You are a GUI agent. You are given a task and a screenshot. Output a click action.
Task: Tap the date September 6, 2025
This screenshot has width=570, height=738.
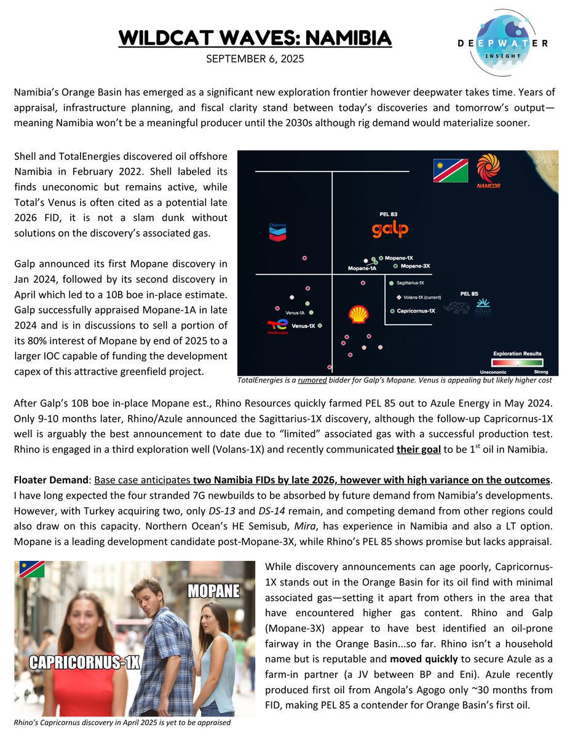pyautogui.click(x=255, y=60)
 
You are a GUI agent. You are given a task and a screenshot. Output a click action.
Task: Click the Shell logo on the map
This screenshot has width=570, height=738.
pyautogui.click(x=358, y=314)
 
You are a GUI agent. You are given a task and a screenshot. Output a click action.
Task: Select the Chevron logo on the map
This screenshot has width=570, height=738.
pyautogui.click(x=277, y=231)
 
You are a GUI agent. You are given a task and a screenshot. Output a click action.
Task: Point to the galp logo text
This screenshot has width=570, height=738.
pyautogui.click(x=390, y=230)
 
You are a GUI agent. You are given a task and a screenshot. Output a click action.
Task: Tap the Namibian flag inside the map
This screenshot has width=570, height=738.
pyautogui.click(x=451, y=170)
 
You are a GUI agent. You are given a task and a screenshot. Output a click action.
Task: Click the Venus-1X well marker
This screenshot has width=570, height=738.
pyautogui.click(x=320, y=326)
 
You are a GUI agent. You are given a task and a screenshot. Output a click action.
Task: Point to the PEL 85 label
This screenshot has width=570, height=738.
pyautogui.click(x=469, y=294)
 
